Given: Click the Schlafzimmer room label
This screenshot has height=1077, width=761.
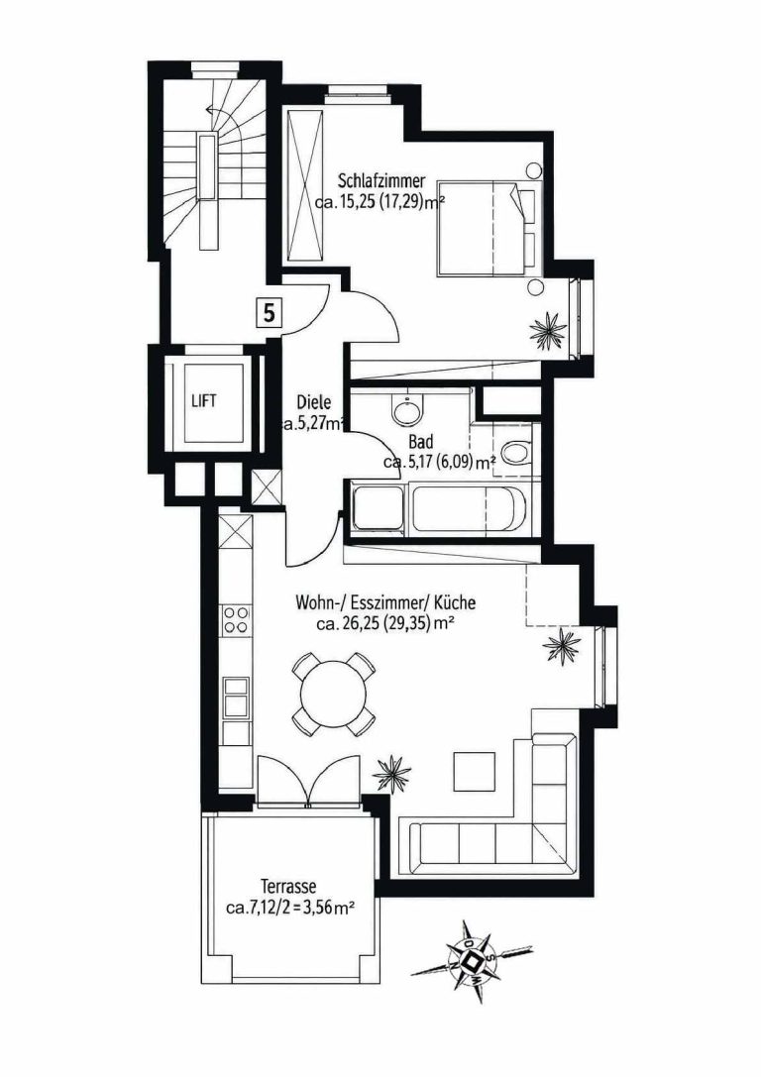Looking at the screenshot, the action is (x=381, y=181).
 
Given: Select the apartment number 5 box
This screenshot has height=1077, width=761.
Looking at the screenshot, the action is (x=270, y=312).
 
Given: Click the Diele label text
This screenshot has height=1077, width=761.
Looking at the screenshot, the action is (x=314, y=402).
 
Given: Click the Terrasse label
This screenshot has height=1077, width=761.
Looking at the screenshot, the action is (x=288, y=886).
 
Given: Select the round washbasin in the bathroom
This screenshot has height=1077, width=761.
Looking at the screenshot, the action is (x=408, y=410).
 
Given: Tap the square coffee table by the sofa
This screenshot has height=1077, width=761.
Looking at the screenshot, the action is (x=475, y=773).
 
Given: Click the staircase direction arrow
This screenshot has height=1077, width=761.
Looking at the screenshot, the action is (x=223, y=113).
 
